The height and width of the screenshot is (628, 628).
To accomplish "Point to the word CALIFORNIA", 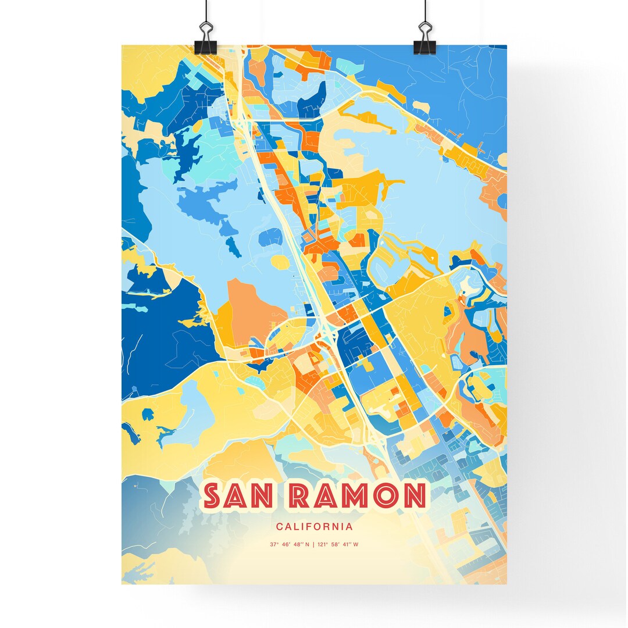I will pos(314,527).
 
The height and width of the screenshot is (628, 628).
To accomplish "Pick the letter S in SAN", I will pos(213,496).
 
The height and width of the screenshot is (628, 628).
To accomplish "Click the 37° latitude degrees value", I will pos(273,545).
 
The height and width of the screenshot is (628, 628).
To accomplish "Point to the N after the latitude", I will pos(307,545).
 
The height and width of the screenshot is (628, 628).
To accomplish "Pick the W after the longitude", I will pos(356,545).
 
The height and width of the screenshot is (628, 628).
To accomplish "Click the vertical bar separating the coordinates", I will pos(314,545).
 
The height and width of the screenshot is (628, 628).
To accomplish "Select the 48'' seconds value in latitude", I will pos(297,545).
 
